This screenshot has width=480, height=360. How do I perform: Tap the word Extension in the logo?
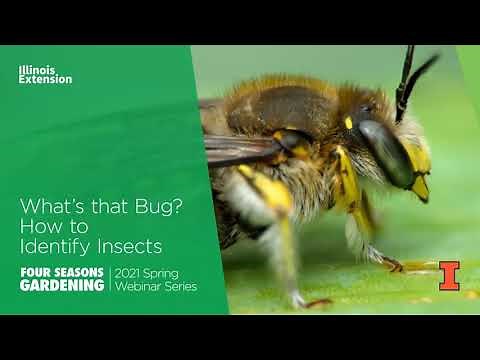point(45,79)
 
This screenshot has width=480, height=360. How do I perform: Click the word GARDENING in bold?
point(62,286)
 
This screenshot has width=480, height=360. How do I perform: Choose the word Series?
point(180,287)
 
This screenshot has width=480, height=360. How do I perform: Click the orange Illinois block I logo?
point(449,275)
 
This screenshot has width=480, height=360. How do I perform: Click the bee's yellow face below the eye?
point(418,180)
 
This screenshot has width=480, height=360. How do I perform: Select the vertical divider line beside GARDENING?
point(110,280)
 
